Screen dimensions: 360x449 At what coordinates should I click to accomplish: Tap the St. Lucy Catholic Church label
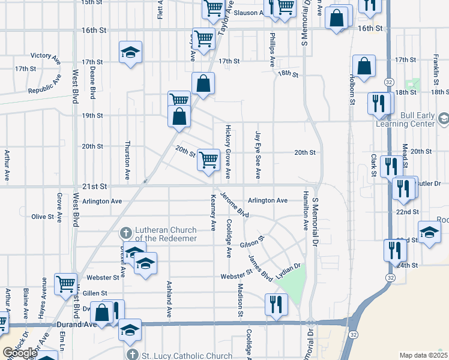click(186, 355)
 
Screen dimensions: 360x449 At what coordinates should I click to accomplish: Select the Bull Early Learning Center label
click(405, 119)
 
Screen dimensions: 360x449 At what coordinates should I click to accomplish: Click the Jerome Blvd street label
click(234, 205)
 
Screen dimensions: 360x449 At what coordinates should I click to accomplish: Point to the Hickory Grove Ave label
click(228, 152)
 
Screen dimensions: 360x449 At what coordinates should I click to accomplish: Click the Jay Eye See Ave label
click(258, 155)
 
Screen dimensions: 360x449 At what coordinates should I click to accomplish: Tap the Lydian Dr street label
click(288, 266)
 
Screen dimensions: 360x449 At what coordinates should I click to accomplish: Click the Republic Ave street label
click(44, 86)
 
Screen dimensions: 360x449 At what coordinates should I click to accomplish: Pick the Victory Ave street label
click(46, 56)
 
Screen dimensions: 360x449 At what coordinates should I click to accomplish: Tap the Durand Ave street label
click(77, 325)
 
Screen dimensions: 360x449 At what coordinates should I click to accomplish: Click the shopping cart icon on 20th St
click(208, 160)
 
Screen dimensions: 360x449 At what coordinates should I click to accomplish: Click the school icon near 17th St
click(130, 52)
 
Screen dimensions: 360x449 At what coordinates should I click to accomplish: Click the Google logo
click(20, 353)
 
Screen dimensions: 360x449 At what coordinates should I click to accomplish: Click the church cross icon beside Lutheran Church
click(126, 232)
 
